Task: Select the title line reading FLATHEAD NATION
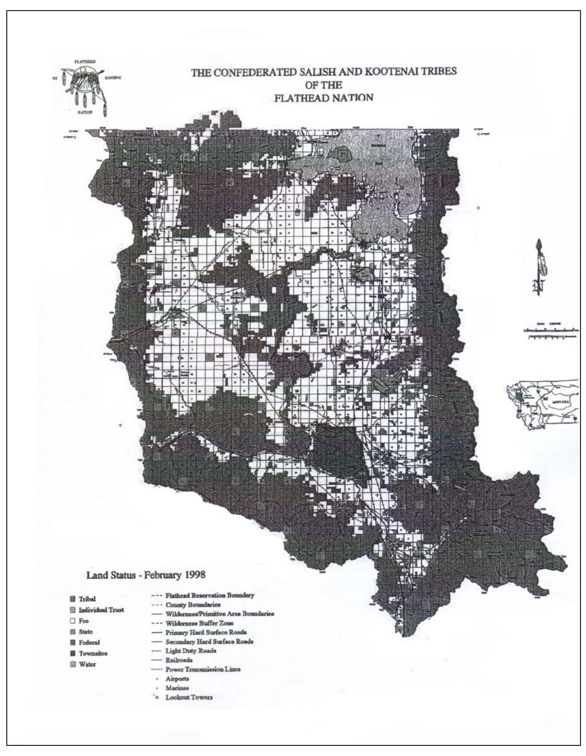(x=324, y=98)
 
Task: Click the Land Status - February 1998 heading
(x=146, y=575)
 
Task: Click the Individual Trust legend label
(x=101, y=610)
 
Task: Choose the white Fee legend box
(x=73, y=621)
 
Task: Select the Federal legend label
(x=89, y=643)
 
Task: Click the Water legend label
(x=87, y=664)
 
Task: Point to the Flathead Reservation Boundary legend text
(x=210, y=595)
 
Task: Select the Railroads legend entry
(x=179, y=660)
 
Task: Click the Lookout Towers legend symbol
(x=157, y=697)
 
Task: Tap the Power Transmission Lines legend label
(x=203, y=669)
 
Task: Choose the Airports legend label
(x=177, y=679)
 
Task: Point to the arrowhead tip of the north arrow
(x=539, y=241)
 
